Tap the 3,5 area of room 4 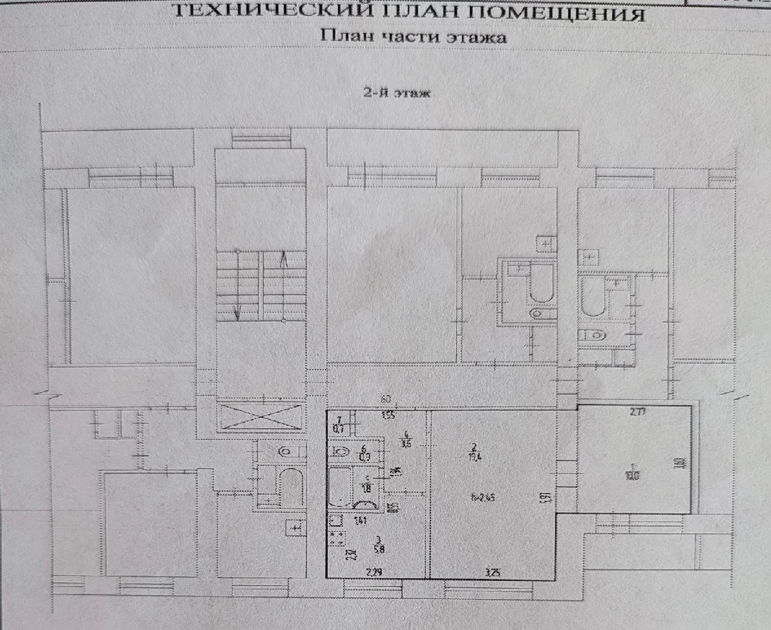tap(406, 443)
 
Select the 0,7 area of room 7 tap(340, 427)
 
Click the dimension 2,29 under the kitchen tap(374, 571)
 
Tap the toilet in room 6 tap(342, 452)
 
